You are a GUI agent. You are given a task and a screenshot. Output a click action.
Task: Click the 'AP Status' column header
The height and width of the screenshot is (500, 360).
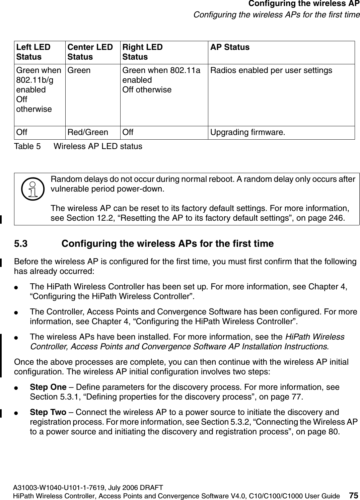point(230,47)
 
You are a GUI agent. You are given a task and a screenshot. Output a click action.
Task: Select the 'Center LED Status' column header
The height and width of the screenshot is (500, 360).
point(90,52)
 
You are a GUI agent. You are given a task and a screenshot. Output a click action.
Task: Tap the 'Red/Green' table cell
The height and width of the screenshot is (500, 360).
point(88,132)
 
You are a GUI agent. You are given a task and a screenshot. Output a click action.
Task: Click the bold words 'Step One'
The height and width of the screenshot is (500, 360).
point(48,387)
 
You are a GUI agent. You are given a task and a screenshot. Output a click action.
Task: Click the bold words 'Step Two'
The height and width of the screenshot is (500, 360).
point(48,412)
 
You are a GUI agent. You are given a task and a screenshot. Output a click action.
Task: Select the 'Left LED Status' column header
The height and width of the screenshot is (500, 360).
point(33,52)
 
